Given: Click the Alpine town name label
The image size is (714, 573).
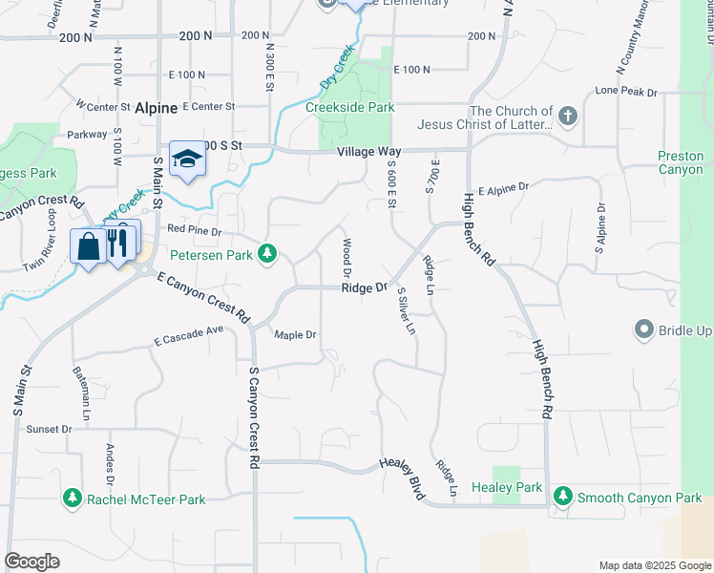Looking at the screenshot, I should (x=156, y=109).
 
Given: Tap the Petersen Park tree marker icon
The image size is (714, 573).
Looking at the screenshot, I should (x=270, y=254).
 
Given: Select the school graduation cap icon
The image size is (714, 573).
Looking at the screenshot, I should (x=187, y=159).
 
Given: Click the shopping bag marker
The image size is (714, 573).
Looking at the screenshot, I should (x=88, y=246).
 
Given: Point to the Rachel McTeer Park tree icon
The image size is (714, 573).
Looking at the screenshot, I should (x=72, y=499).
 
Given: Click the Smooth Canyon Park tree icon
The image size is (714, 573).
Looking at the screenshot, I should (x=563, y=497).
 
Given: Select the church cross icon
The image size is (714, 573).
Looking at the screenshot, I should (x=568, y=117).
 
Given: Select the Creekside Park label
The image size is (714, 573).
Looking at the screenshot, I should (x=349, y=107).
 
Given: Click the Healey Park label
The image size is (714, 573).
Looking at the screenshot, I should (x=514, y=487).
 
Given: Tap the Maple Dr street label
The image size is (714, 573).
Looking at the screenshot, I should (x=295, y=335).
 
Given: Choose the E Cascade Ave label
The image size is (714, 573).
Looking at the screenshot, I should (x=188, y=335).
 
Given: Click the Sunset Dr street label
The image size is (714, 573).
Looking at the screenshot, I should (x=49, y=429).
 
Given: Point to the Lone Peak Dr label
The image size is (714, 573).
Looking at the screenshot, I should (x=626, y=92).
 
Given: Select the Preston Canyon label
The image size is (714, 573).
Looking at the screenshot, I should (x=681, y=162).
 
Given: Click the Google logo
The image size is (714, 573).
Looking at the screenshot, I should (x=31, y=562).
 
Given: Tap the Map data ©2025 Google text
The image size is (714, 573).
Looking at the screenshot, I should (x=654, y=565).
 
